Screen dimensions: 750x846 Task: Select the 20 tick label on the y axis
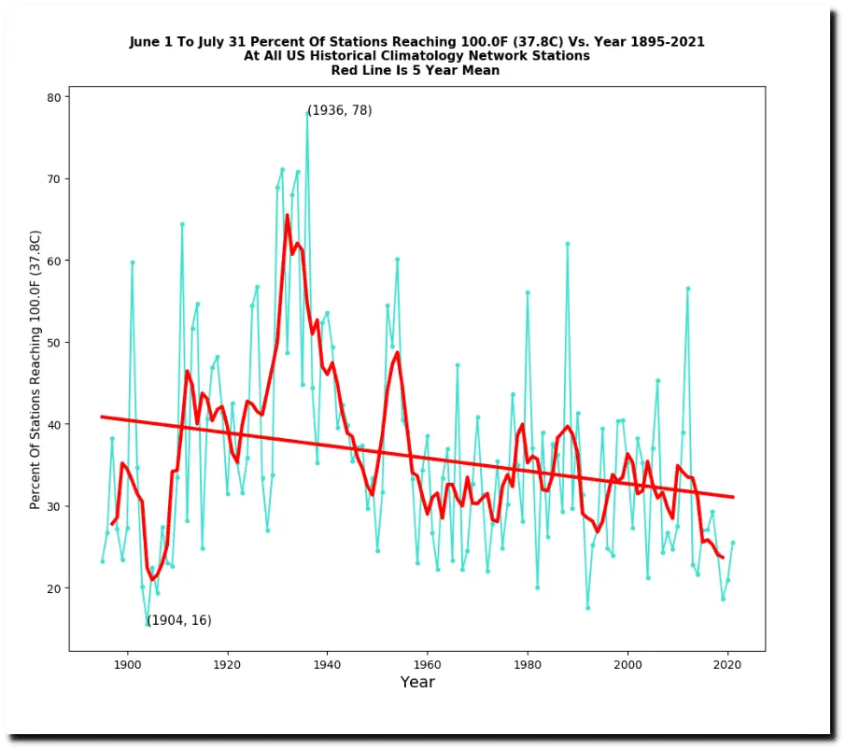pos(54,588)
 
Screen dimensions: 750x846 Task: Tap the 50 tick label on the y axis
pos(54,343)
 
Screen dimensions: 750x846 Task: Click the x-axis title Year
pos(417,683)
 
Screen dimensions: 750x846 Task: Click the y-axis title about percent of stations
pos(35,369)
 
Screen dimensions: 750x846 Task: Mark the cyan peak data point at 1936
pos(307,113)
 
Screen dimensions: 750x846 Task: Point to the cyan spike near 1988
pos(567,244)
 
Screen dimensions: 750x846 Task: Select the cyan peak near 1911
pos(182,224)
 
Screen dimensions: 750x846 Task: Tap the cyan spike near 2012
pos(687,289)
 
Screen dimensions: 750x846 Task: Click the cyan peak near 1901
pos(133,262)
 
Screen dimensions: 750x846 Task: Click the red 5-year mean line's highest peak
pos(287,216)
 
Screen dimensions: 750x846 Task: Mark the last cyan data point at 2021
pos(733,543)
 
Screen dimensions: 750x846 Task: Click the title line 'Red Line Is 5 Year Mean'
pos(416,70)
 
